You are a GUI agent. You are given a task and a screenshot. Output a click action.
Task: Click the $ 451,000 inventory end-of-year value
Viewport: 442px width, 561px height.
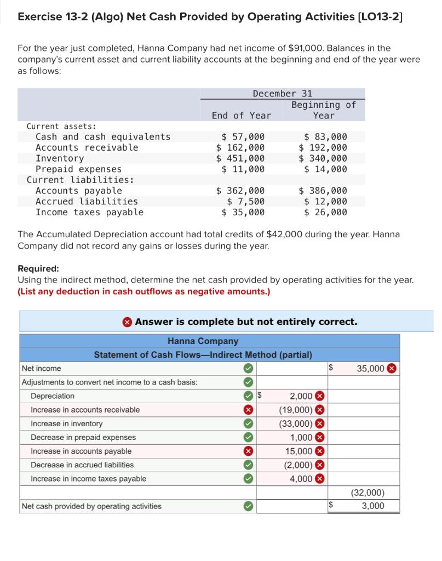(240, 158)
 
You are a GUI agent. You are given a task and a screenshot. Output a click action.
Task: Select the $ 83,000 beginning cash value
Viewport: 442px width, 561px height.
(325, 136)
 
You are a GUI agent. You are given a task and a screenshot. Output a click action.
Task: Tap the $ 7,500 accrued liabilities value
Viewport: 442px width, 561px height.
(246, 202)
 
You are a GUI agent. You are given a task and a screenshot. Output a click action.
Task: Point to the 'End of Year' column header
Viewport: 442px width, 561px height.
(241, 116)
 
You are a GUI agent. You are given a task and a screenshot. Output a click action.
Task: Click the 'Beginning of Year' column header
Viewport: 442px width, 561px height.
(324, 110)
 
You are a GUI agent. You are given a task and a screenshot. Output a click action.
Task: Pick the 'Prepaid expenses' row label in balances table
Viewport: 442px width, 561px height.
(78, 169)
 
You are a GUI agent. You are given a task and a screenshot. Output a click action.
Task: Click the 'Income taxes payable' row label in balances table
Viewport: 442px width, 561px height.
(89, 213)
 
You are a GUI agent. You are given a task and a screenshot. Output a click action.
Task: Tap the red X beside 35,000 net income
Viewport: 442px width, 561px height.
(392, 368)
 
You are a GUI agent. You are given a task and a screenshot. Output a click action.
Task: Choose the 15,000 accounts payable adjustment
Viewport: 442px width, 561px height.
(299, 451)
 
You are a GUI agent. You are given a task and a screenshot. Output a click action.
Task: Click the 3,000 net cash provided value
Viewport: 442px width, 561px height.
(373, 506)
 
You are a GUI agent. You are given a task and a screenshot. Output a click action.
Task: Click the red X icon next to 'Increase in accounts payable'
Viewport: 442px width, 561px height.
(248, 451)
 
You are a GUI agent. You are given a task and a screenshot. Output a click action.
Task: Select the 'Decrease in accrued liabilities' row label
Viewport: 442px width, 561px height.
(82, 465)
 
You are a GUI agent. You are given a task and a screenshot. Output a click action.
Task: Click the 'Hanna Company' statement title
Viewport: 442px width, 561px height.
(203, 341)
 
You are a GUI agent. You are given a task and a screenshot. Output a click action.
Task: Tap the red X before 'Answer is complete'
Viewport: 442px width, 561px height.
(128, 322)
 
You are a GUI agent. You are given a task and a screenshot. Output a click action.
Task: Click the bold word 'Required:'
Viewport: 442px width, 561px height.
(38, 268)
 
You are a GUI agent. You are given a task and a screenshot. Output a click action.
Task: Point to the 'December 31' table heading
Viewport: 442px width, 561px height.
(282, 94)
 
